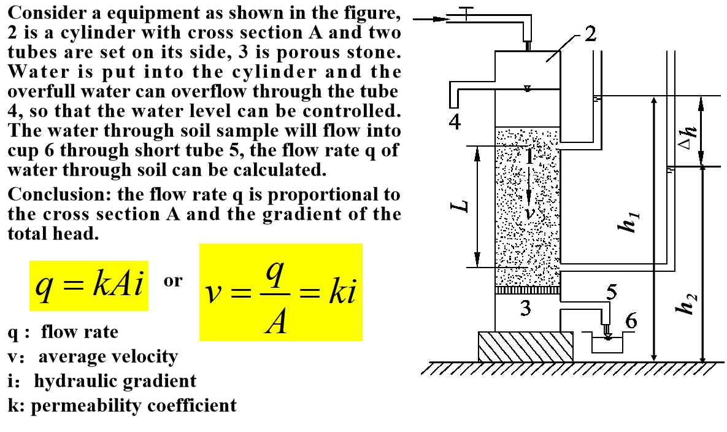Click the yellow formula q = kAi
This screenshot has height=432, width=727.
(88, 285)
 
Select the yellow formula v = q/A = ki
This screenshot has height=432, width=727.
(281, 293)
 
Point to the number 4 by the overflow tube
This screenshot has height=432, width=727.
(455, 123)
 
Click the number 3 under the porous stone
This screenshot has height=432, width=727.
(525, 308)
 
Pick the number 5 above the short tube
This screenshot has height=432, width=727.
(611, 293)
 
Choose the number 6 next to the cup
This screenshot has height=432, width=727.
(631, 321)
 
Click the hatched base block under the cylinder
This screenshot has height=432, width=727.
(525, 346)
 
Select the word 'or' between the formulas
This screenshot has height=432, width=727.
(173, 281)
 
